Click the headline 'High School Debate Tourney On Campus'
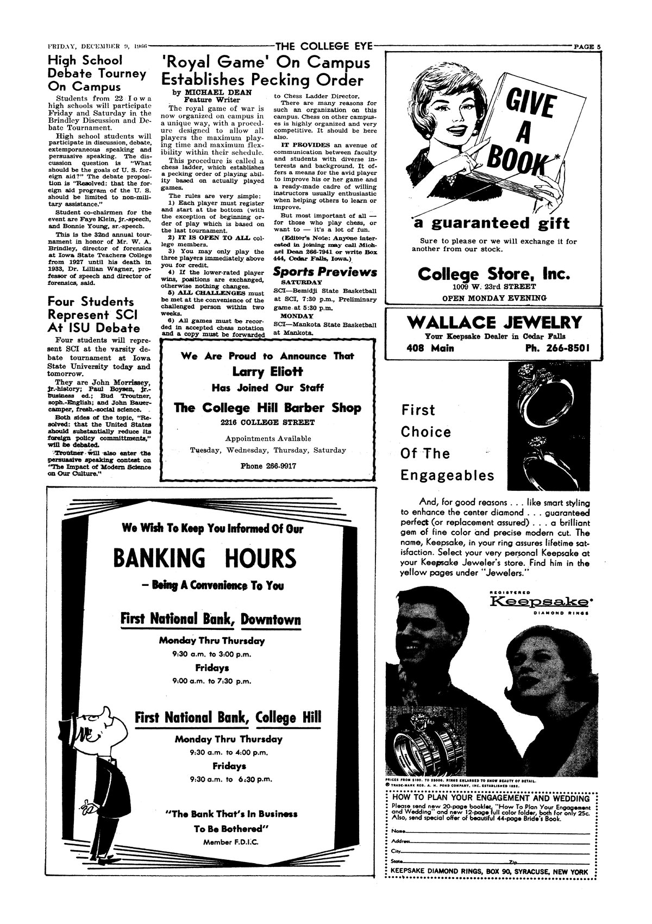(97, 73)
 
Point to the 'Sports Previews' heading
(325, 272)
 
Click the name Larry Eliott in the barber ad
(267, 372)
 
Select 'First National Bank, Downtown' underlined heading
(211, 620)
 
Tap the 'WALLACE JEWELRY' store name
(493, 322)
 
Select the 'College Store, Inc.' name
(494, 274)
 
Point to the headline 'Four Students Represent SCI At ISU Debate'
(93, 315)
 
